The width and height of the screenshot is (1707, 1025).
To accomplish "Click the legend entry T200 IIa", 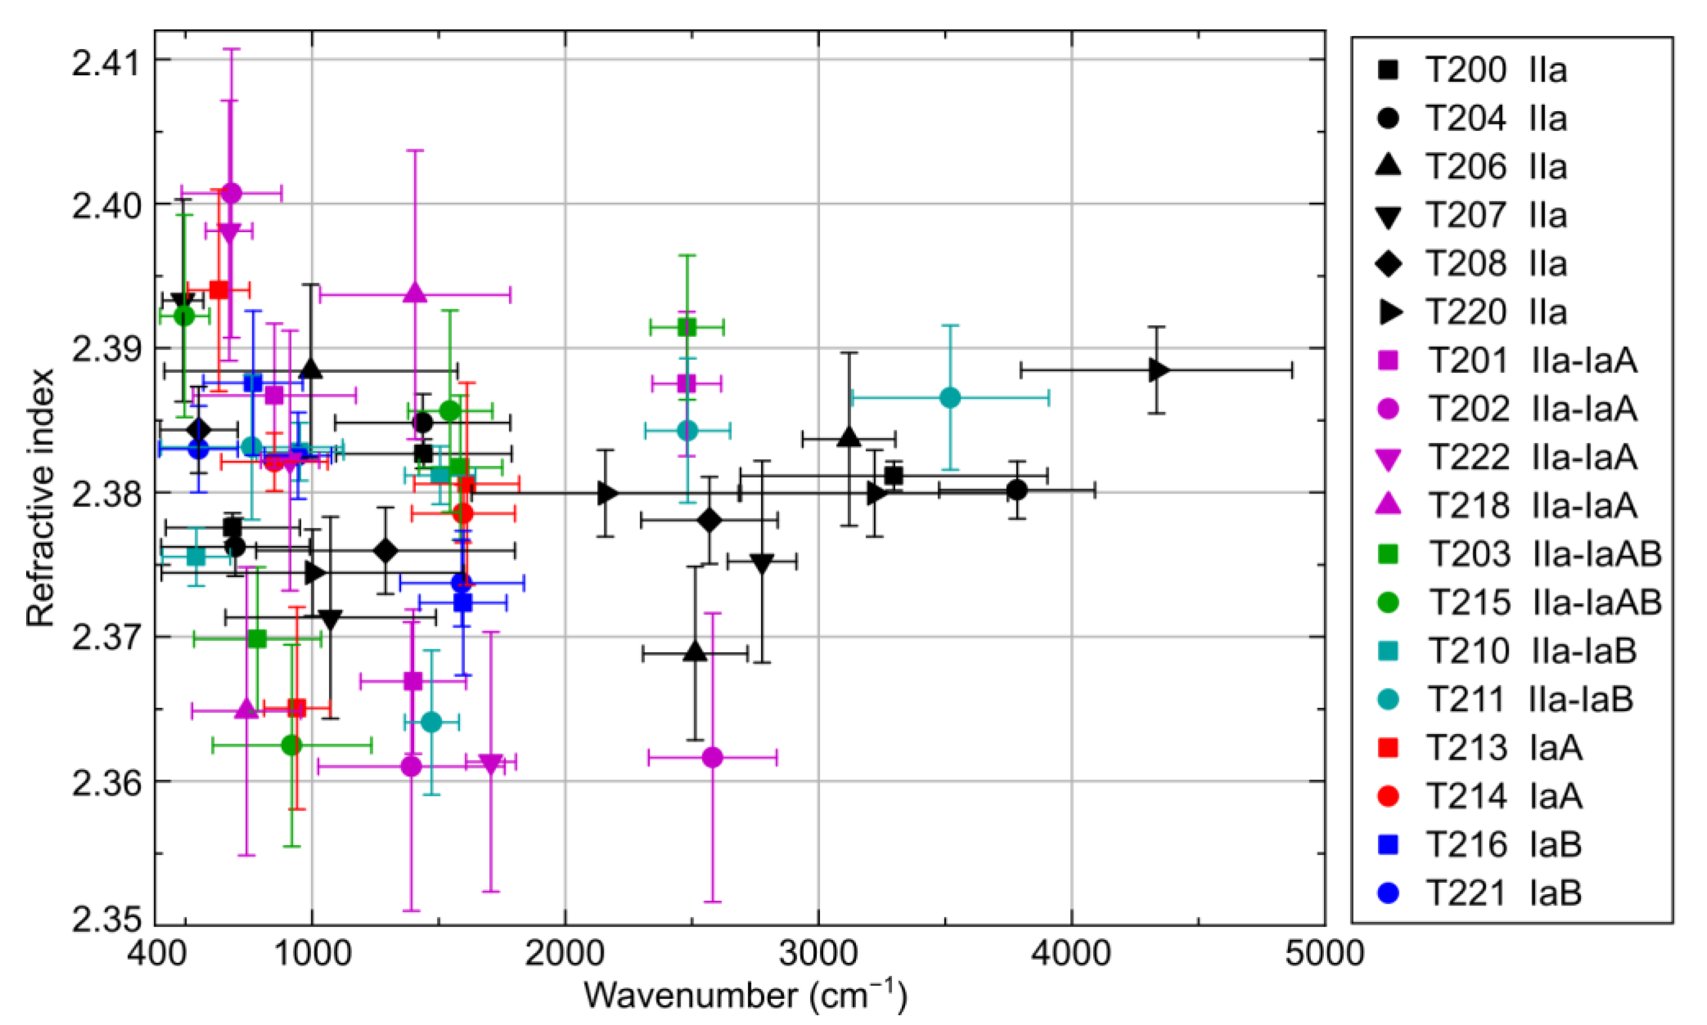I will (x=1472, y=70).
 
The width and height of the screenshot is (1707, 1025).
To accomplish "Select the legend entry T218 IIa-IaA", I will (x=1506, y=505).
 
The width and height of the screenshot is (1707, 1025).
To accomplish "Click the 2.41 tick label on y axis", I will (x=104, y=61).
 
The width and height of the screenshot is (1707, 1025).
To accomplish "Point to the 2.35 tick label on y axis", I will (x=104, y=923).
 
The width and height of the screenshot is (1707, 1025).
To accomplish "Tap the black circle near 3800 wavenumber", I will (x=1016, y=490).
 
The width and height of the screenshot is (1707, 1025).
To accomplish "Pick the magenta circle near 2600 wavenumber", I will (x=712, y=757).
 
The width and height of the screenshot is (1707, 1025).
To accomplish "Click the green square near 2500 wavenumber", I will (x=687, y=327).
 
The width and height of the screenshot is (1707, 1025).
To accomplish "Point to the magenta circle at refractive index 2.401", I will (x=232, y=193).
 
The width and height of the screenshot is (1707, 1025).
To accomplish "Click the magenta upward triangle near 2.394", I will (x=415, y=293).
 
